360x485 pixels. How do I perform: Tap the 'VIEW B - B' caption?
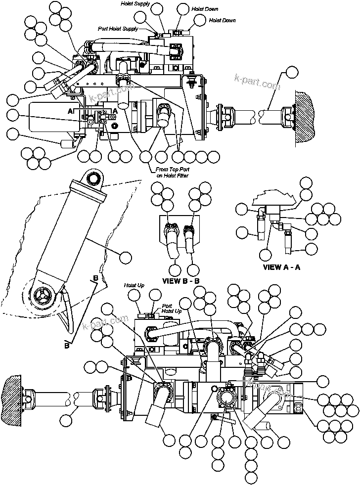click(181, 281)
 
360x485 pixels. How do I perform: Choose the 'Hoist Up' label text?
click(134, 286)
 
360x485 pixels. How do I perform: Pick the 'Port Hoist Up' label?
click(172, 309)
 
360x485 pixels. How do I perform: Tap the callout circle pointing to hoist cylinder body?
click(126, 257)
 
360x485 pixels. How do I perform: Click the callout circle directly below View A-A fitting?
click(266, 255)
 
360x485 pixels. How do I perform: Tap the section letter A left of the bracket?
click(70, 112)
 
